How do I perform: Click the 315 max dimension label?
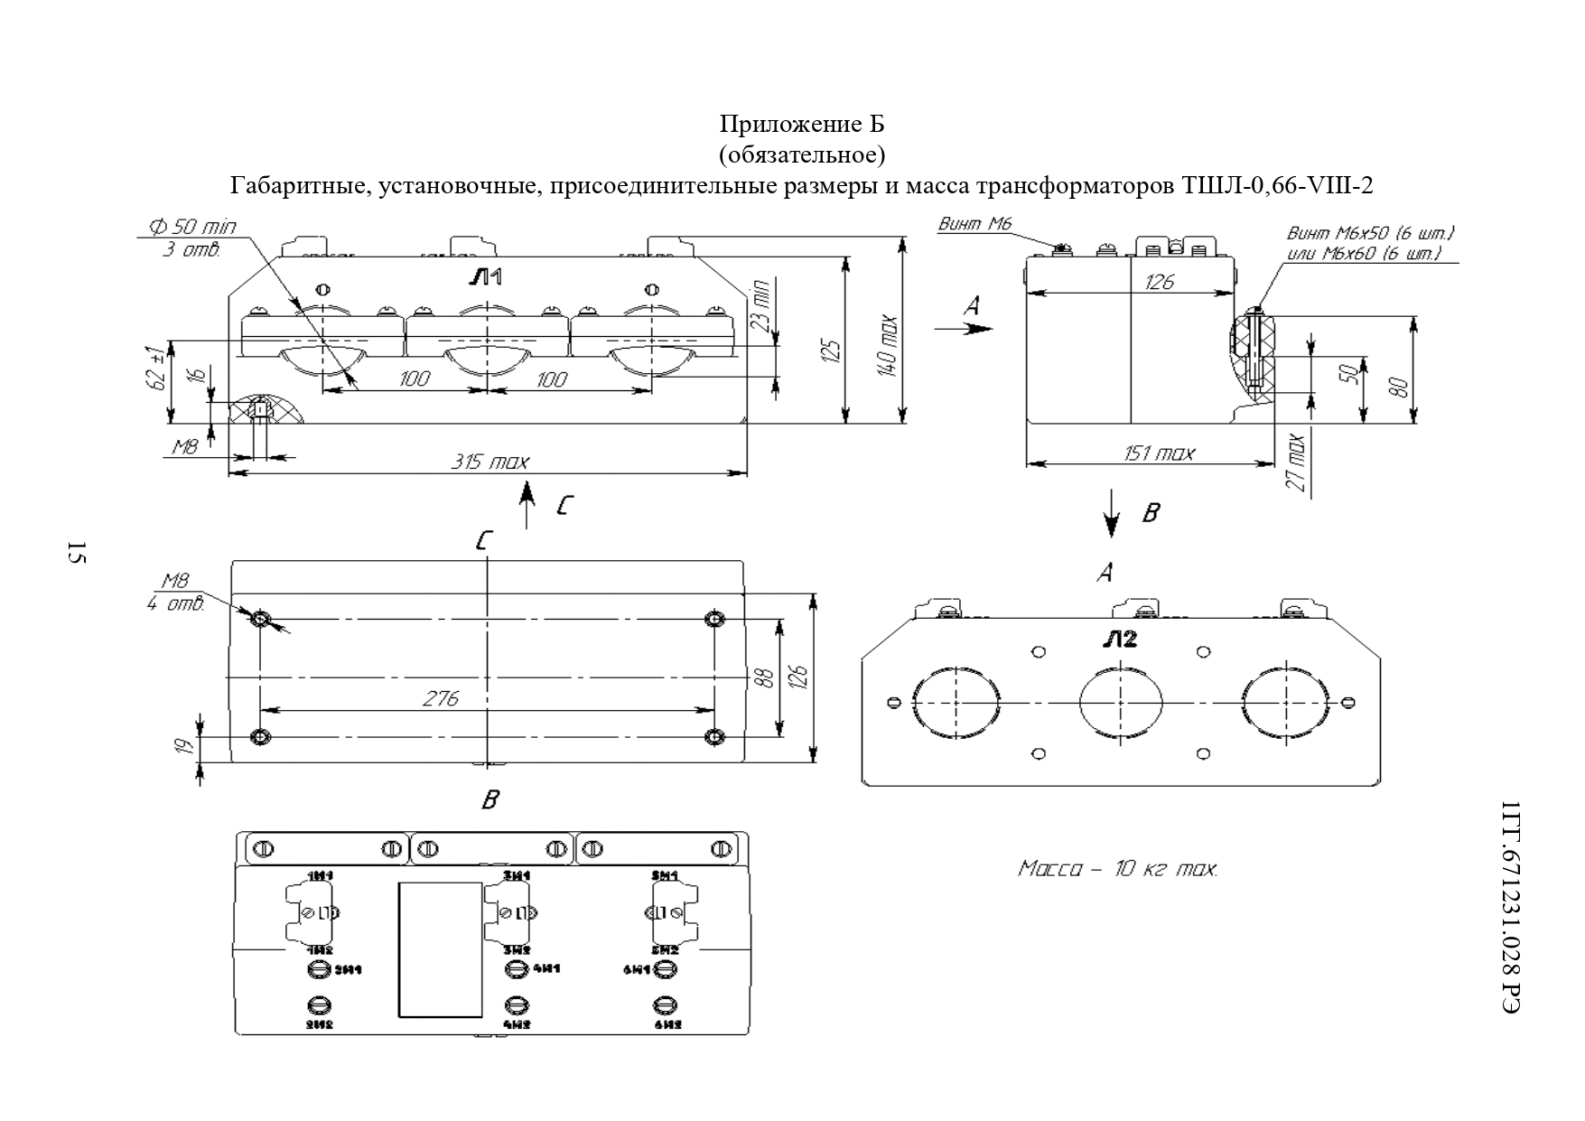click(x=489, y=462)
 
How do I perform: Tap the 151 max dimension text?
click(x=1158, y=453)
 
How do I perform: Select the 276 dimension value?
click(x=440, y=698)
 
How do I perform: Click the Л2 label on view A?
click(x=1119, y=640)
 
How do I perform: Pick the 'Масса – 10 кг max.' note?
click(x=1117, y=869)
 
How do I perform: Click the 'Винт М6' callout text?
click(x=974, y=224)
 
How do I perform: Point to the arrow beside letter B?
click(x=1112, y=514)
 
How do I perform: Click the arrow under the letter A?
click(x=964, y=329)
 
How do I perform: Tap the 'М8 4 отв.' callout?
click(x=175, y=593)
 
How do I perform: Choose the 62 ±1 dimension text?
click(x=159, y=367)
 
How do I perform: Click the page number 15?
click(x=76, y=553)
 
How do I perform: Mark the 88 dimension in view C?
click(x=764, y=677)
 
